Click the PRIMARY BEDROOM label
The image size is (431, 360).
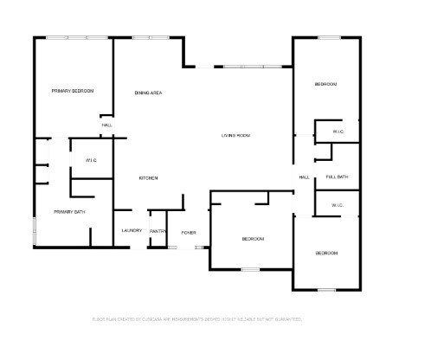[x=72, y=91]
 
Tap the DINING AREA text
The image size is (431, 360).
[x=149, y=93]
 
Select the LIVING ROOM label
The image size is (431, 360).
[x=235, y=135]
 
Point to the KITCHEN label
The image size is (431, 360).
[x=149, y=178]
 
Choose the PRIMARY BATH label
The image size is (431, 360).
[x=69, y=212]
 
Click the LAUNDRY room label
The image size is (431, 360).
[x=132, y=230]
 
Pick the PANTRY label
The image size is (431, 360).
[x=158, y=231]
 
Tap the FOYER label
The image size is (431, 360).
[x=188, y=233]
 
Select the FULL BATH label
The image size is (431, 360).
[x=337, y=177]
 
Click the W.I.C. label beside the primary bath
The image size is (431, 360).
[x=91, y=161]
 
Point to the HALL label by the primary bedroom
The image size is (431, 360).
[x=107, y=125]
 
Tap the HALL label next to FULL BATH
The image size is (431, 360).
[x=305, y=177]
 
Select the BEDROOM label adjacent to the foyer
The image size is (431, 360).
[x=253, y=238]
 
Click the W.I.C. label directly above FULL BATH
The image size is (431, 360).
[x=339, y=132]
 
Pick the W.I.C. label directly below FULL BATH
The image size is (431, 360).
[x=338, y=205]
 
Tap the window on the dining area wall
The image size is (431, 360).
[x=151, y=37]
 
